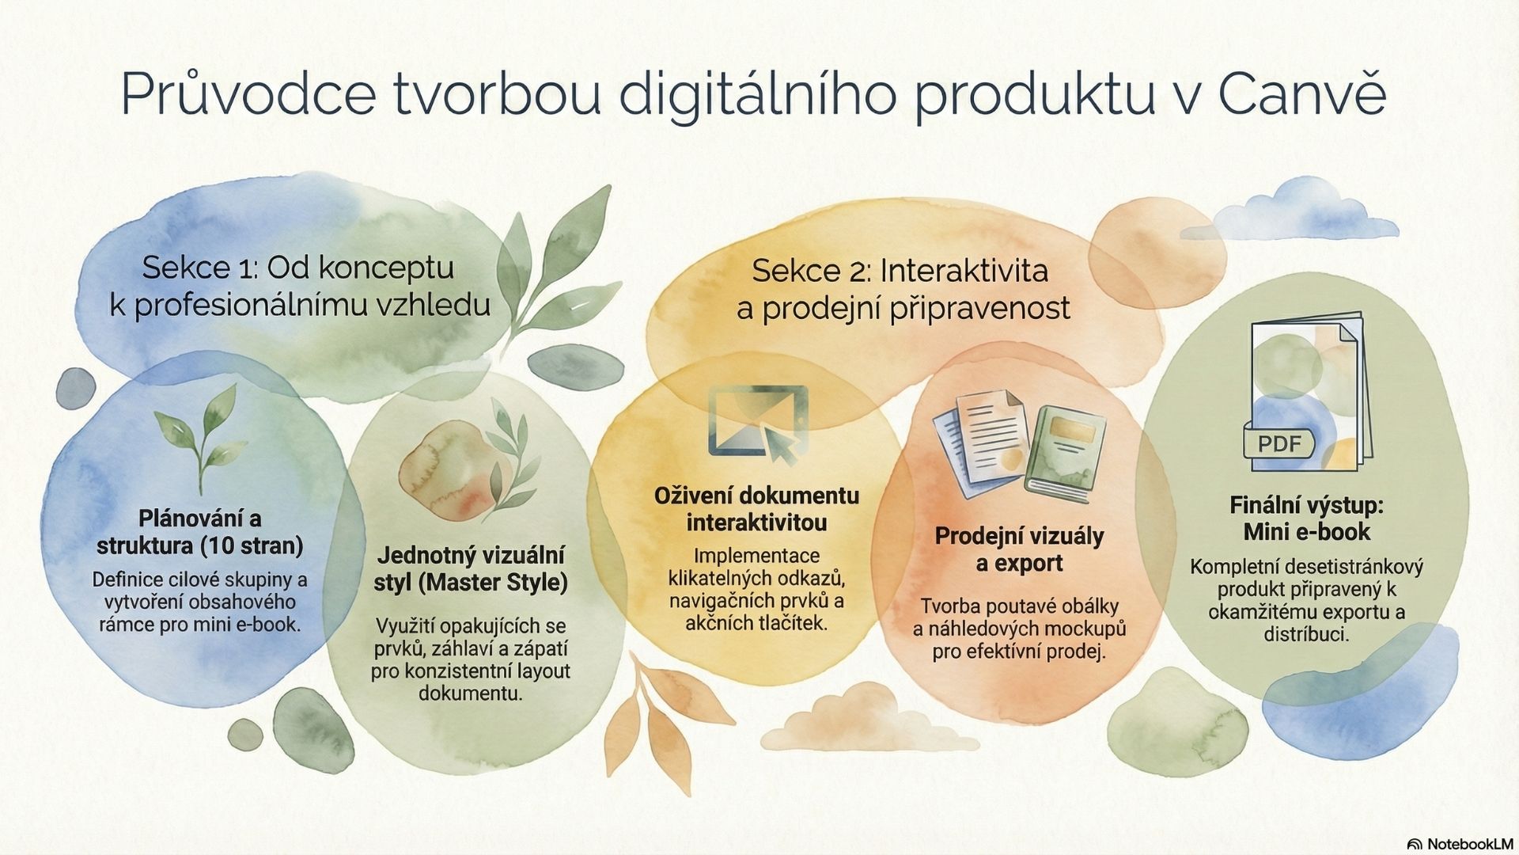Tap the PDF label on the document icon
(1279, 443)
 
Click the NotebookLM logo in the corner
(1460, 843)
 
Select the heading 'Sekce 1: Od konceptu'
(298, 268)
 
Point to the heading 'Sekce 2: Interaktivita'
(900, 271)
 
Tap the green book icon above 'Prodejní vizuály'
(1066, 454)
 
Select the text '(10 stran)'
(252, 545)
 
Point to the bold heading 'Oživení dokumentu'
(756, 496)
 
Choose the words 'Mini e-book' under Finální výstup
(1307, 531)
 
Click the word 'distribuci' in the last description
(1306, 634)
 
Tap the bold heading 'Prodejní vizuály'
(1019, 536)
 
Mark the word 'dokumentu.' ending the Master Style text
(471, 693)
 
